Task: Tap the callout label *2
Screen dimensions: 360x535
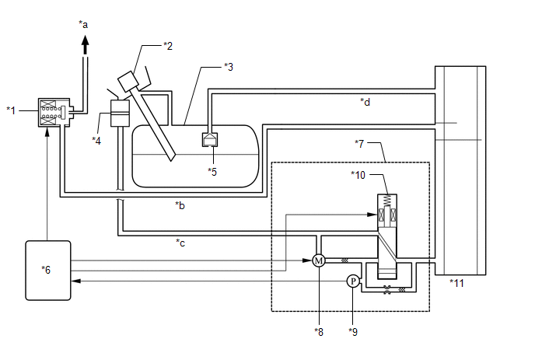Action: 167,46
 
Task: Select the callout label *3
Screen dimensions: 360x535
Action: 228,66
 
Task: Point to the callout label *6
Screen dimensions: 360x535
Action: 46,269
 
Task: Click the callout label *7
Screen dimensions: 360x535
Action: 359,143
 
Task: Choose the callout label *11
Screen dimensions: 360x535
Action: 456,283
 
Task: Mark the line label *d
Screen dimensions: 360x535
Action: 365,101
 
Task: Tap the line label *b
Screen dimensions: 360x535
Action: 180,206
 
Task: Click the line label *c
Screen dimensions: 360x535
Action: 180,242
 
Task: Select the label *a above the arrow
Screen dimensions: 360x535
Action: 83,24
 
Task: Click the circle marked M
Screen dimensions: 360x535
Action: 318,260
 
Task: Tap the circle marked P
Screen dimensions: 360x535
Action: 351,281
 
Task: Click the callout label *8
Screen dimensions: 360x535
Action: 319,332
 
